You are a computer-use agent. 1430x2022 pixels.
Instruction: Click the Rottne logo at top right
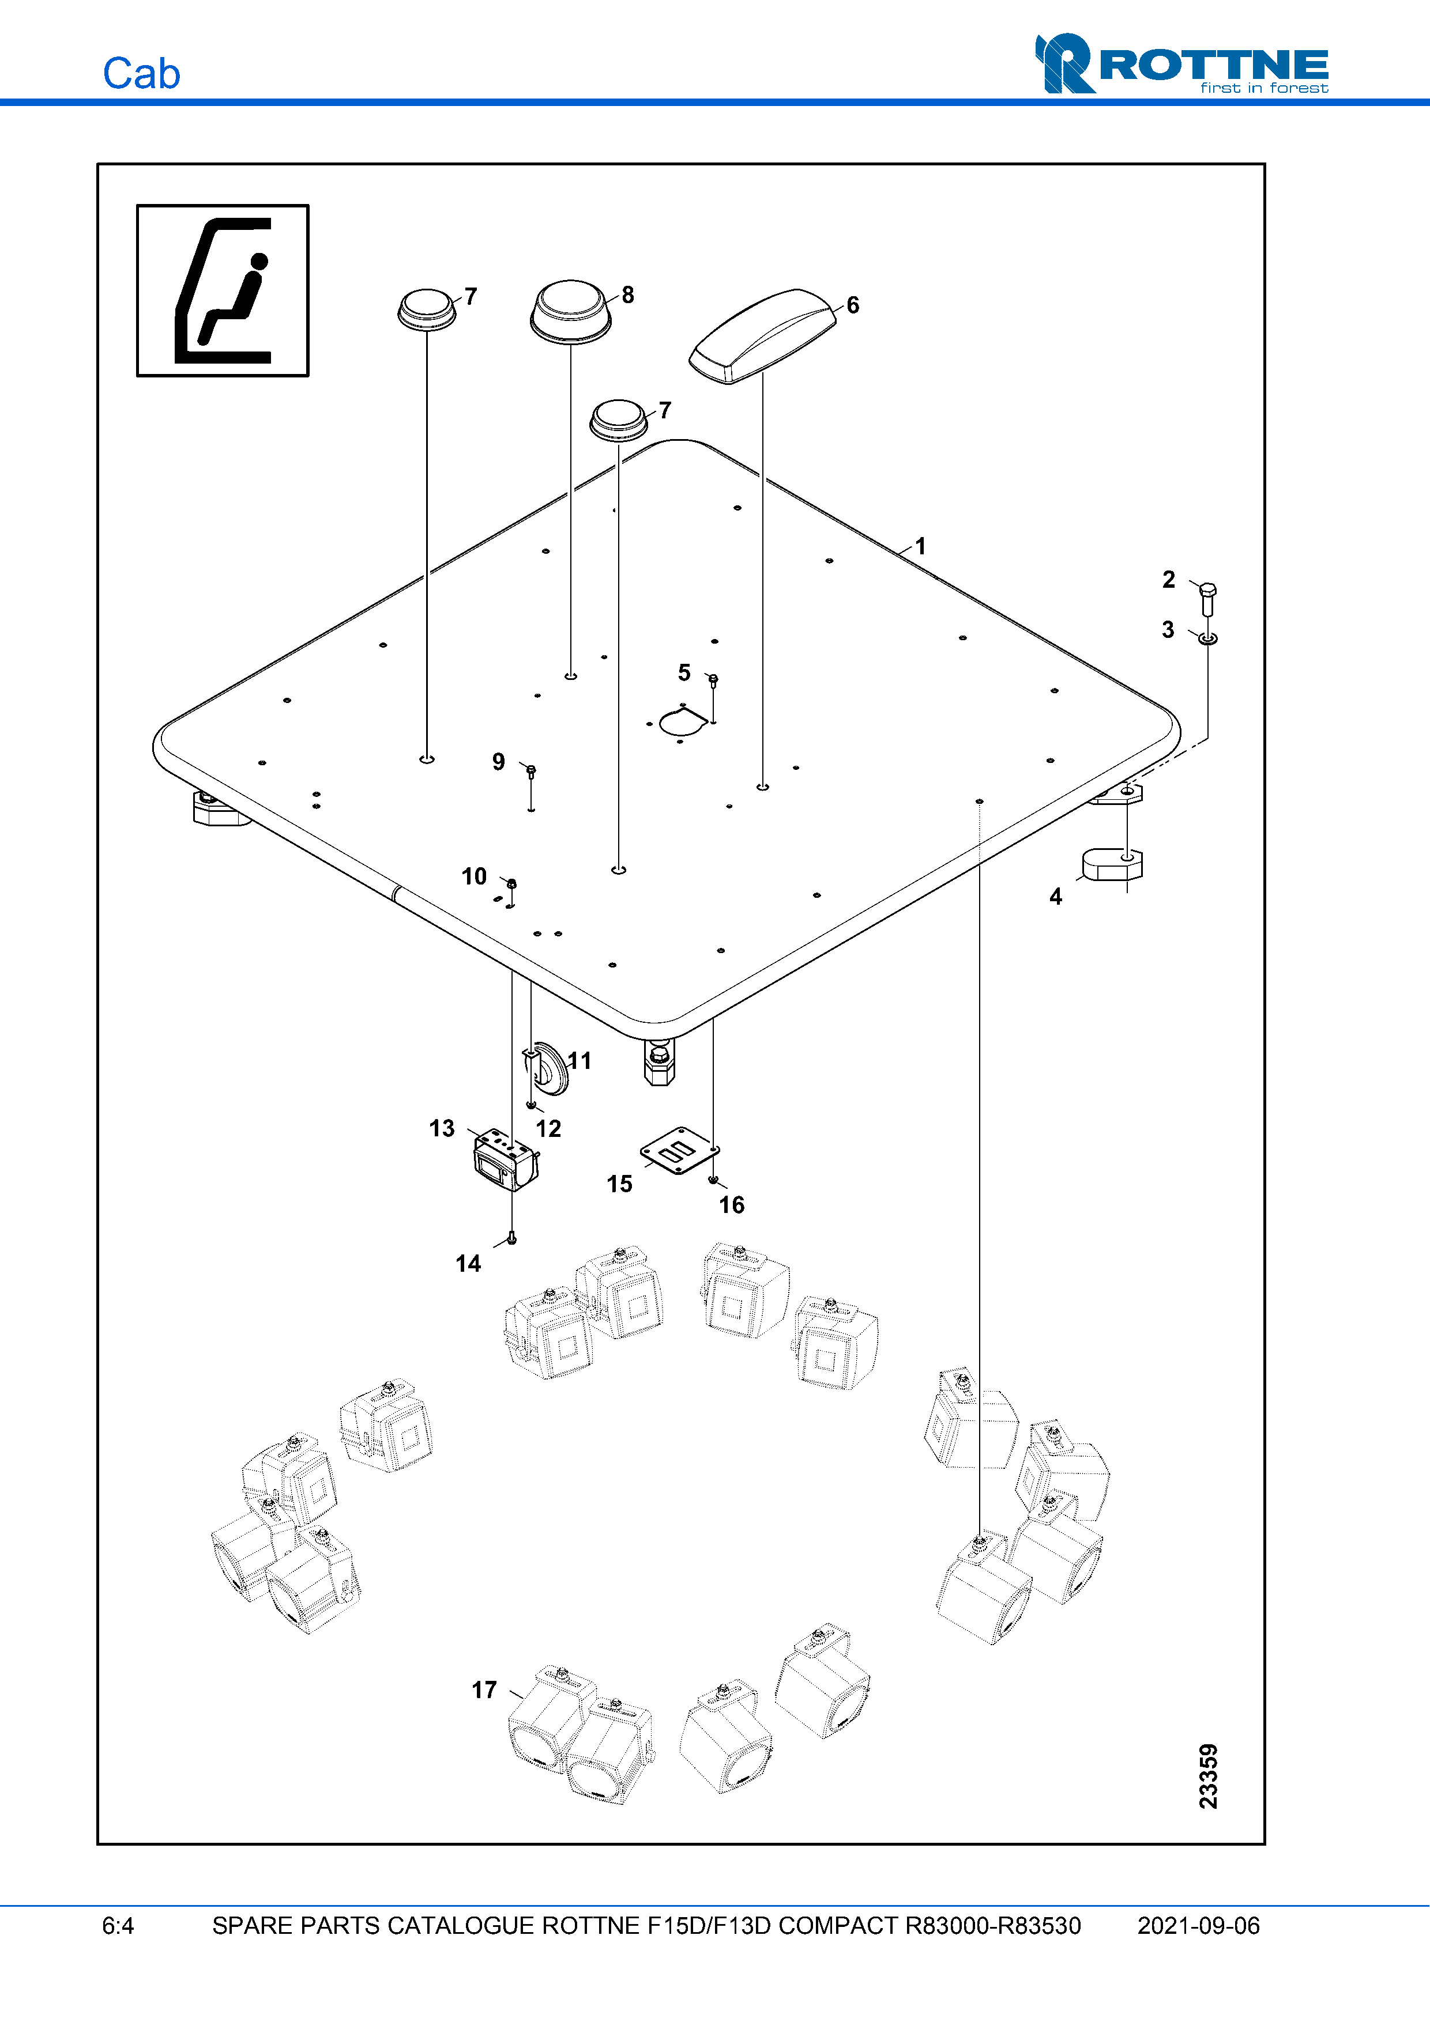pyautogui.click(x=1181, y=63)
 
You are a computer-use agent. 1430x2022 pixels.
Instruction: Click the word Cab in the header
pyautogui.click(x=141, y=74)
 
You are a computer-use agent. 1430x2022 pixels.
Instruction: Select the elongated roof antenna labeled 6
pyautogui.click(x=762, y=337)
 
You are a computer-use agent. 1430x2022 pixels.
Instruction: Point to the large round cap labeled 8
pyautogui.click(x=571, y=311)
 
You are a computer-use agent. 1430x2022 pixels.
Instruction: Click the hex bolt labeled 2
pyautogui.click(x=1208, y=599)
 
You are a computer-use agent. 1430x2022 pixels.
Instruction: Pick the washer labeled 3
pyautogui.click(x=1208, y=637)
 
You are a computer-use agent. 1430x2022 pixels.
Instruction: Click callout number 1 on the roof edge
pyautogui.click(x=920, y=546)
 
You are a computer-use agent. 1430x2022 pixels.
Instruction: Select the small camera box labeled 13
pyautogui.click(x=505, y=1161)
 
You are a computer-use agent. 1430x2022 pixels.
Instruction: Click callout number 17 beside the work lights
pyautogui.click(x=484, y=1689)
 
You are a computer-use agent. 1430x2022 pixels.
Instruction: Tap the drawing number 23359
pyautogui.click(x=1208, y=1777)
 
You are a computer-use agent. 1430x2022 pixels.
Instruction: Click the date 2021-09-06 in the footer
pyautogui.click(x=1198, y=1926)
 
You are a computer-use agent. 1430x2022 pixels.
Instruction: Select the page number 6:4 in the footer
pyautogui.click(x=118, y=1926)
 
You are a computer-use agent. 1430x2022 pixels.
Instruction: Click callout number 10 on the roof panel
pyautogui.click(x=474, y=876)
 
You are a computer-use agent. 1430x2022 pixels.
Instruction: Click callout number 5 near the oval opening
pyautogui.click(x=684, y=673)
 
